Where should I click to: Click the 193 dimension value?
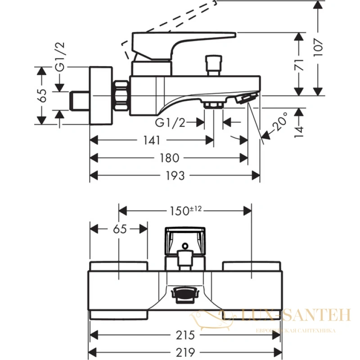[x=175, y=175]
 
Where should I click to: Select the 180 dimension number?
[x=170, y=158]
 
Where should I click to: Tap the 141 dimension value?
[x=152, y=140]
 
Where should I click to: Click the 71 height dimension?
[x=299, y=64]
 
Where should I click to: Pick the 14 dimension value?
[x=299, y=131]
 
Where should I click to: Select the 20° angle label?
[x=280, y=121]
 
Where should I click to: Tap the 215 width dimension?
[x=185, y=335]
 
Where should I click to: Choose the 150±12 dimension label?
[x=185, y=211]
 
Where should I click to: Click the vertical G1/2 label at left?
[x=60, y=57]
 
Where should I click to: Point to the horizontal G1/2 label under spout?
[x=170, y=122]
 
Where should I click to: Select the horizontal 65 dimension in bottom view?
[x=120, y=229]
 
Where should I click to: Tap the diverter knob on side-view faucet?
[x=214, y=65]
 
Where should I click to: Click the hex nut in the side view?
[x=121, y=95]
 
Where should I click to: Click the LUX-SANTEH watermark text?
[x=296, y=315]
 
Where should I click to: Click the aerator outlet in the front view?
[x=185, y=295]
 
